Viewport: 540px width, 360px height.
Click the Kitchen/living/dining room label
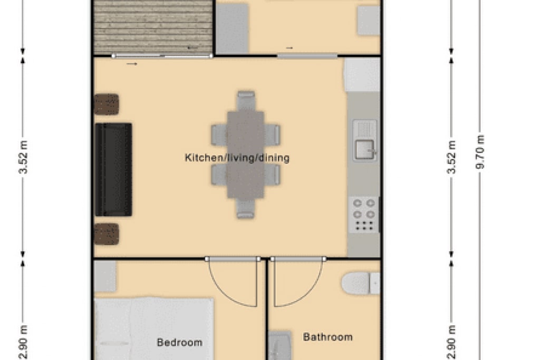coord(237,158)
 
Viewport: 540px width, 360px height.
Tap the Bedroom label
coord(179,342)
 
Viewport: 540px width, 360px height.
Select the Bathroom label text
coord(327,337)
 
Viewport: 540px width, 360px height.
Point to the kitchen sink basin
coord(364,150)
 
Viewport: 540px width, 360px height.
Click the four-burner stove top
coord(364,215)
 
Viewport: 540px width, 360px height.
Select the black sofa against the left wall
coord(113,169)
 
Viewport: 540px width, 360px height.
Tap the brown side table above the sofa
coord(107,104)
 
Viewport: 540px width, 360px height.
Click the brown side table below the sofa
coord(107,234)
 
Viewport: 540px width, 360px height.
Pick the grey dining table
coord(246,154)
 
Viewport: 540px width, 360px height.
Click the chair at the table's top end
coord(246,101)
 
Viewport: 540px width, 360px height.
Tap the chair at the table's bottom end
coord(246,208)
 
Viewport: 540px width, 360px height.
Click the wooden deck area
coord(153,26)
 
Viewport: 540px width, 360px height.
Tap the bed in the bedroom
coord(153,329)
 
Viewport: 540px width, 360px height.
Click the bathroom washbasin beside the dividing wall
coord(279,346)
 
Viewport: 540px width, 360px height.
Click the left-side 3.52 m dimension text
coord(23,157)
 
